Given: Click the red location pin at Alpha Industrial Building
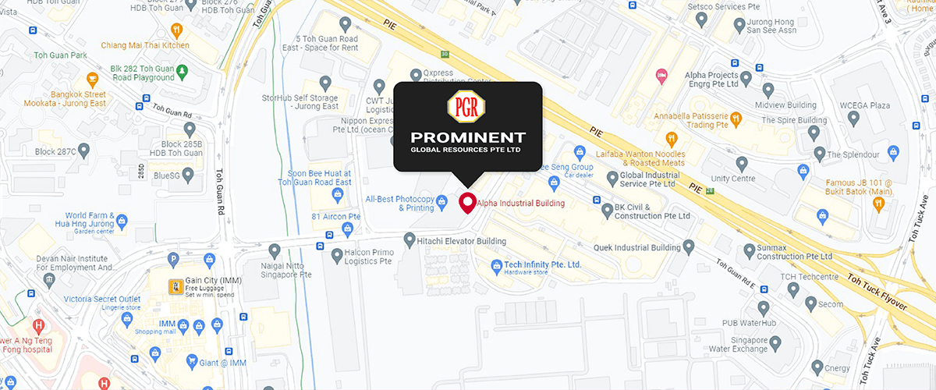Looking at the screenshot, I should click(x=467, y=203).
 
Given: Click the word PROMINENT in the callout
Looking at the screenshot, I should click(x=466, y=137).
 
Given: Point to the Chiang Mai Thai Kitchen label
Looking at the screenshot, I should click(x=146, y=45).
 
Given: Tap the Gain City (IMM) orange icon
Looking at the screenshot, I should click(x=177, y=287).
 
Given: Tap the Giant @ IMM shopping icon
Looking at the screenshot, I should click(x=192, y=361).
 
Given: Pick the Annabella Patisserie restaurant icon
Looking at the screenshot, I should click(x=736, y=119).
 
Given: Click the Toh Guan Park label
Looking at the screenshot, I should click(x=60, y=56).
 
